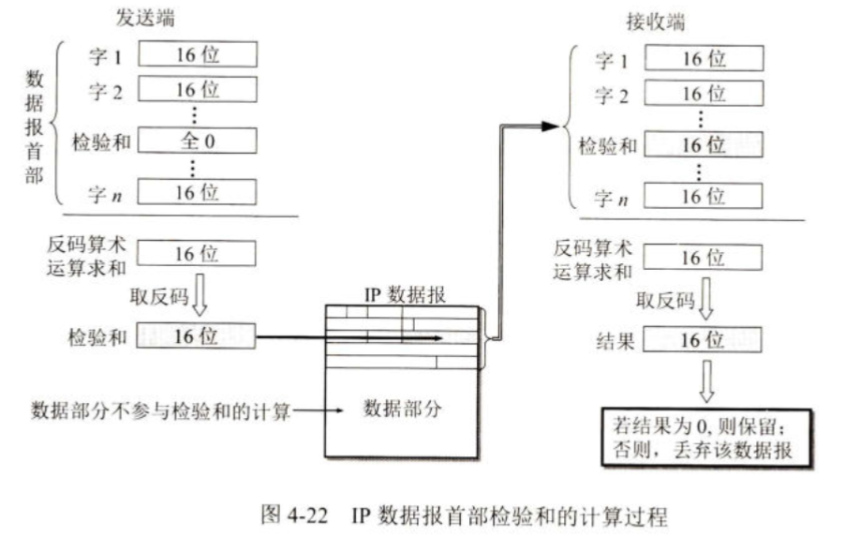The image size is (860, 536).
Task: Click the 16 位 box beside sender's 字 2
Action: [x=197, y=90]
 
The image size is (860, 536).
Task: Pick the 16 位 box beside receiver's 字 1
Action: [x=703, y=60]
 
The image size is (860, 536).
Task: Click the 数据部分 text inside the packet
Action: [x=402, y=409]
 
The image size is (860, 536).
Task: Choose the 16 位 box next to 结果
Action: [x=703, y=339]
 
